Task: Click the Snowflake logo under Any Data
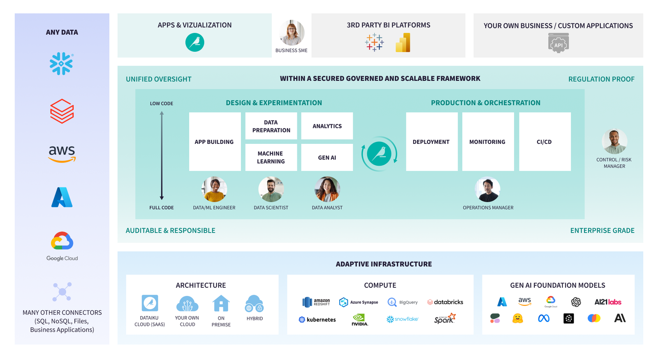[x=61, y=64]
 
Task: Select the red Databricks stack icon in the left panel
[x=62, y=111]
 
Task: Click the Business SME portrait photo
[x=292, y=33]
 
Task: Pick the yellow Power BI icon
[x=403, y=43]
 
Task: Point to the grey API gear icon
[x=558, y=43]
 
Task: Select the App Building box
[x=215, y=142]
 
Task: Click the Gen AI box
[x=327, y=157]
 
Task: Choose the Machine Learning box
[x=271, y=157]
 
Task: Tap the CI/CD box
[x=544, y=142]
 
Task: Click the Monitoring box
[x=488, y=142]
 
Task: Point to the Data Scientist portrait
[x=271, y=189]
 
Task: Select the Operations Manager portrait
[x=488, y=189]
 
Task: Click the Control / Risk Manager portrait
[x=614, y=141]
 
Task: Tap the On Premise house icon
[x=221, y=304]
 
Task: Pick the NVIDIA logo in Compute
[x=359, y=319]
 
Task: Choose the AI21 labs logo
[x=608, y=302]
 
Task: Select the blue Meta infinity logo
[x=544, y=318]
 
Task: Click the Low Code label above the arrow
[x=162, y=104]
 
